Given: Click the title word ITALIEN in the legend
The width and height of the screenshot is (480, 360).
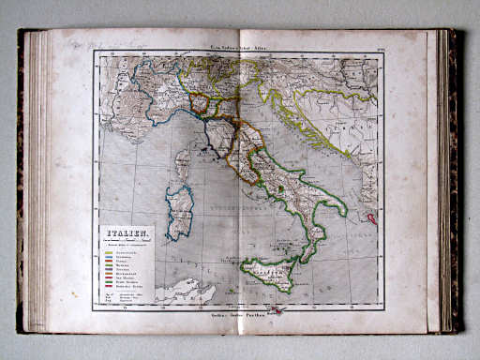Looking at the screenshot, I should click(126, 234).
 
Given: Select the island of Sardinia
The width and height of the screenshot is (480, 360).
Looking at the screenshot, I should click(179, 211).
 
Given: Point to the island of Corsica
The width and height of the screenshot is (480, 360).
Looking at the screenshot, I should click(182, 164).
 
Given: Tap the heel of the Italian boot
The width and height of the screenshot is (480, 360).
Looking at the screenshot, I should click(340, 208).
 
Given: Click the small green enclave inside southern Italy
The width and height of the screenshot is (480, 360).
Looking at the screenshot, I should click(280, 188).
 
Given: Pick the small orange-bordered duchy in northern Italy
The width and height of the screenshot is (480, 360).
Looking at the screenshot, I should click(200, 103).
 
